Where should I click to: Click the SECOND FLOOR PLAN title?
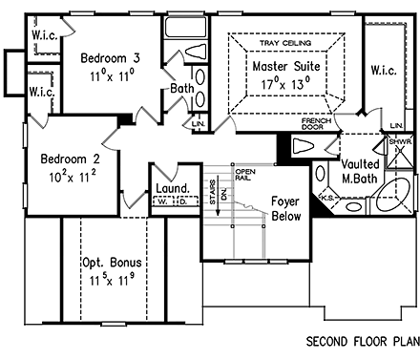coord(362,341)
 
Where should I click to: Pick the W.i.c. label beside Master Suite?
coord(383,69)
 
